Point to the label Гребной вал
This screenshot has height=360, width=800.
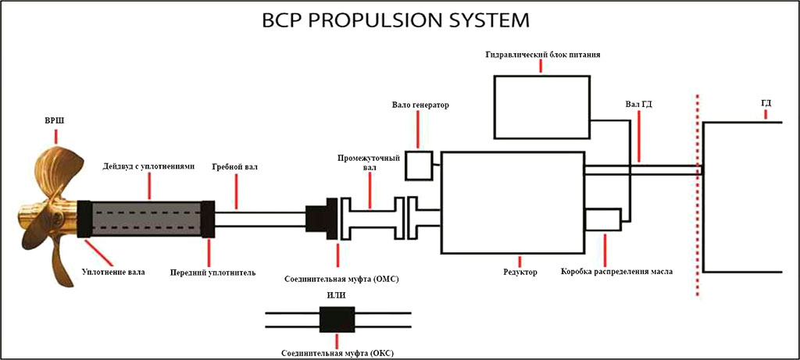pyautogui.click(x=234, y=167)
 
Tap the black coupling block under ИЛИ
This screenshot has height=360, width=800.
pyautogui.click(x=337, y=320)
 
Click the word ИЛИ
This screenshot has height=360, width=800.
pyautogui.click(x=337, y=296)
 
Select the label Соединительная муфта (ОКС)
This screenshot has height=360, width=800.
pyautogui.click(x=337, y=352)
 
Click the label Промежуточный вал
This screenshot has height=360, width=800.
pyautogui.click(x=362, y=162)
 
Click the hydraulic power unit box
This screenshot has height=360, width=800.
pyautogui.click(x=541, y=107)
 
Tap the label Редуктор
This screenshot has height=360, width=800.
pyautogui.click(x=521, y=272)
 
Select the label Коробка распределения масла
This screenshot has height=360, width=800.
pyautogui.click(x=616, y=272)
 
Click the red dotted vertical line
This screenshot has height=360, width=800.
pyautogui.click(x=697, y=195)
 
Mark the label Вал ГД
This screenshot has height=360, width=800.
pyautogui.click(x=638, y=103)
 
